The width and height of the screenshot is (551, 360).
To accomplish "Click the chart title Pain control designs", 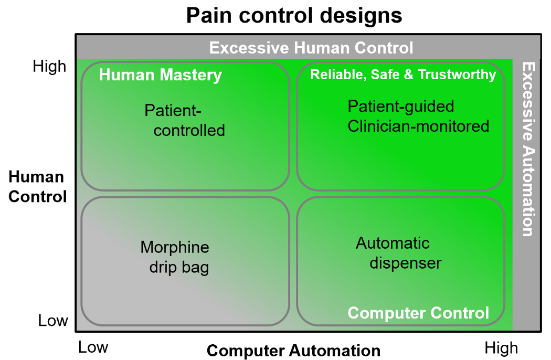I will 294,16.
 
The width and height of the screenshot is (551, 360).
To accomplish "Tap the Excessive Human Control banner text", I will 311,48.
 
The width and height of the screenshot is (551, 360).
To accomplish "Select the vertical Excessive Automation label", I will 528,150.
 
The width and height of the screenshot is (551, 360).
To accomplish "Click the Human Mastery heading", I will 161,75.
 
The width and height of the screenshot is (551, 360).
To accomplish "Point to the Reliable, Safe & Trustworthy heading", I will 403,75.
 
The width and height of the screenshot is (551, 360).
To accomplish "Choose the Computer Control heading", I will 418,313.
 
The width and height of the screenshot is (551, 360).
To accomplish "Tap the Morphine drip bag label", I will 176,257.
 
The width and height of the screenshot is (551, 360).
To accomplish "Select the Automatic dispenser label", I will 398,253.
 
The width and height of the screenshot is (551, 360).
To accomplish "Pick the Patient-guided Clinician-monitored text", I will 418,116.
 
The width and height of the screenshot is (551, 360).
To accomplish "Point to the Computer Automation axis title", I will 293,351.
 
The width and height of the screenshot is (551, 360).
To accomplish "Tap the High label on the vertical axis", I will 49,66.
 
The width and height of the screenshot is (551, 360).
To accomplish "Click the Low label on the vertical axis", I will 53,320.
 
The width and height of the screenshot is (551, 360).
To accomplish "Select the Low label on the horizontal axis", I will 93,347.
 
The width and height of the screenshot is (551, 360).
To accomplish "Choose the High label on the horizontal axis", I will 501,348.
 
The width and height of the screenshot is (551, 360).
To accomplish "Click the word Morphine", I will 175,247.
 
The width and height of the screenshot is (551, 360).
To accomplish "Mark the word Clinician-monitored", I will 418,126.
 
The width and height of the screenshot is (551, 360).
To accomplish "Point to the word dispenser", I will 406,262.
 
